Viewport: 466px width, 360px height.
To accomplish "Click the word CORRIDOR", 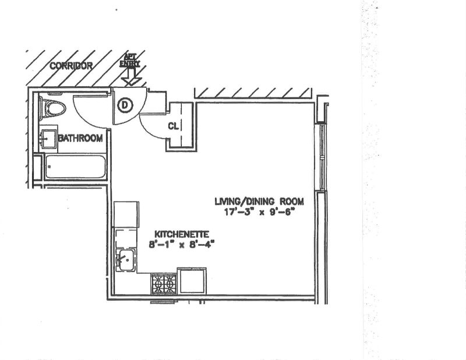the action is click(70, 66).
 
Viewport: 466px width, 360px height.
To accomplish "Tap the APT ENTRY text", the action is click(130, 60).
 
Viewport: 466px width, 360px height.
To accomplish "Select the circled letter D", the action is click(125, 105).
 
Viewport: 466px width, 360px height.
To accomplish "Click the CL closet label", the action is click(174, 126).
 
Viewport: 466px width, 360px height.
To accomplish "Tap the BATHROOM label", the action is click(80, 138).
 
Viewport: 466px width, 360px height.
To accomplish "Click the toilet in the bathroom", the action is click(52, 108).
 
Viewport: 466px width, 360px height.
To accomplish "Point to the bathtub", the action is click(75, 167).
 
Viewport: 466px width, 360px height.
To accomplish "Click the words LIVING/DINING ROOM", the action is click(259, 202).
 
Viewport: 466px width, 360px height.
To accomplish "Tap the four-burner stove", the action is click(163, 284).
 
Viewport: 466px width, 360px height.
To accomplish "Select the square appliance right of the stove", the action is click(192, 281).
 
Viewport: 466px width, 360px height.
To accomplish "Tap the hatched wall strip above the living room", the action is click(253, 94).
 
